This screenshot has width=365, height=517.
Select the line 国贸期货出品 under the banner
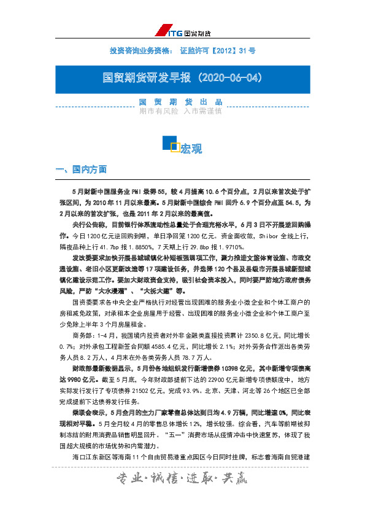180,102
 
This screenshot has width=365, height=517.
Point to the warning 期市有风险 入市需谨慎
180,111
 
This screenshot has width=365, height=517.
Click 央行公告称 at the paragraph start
90,224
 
